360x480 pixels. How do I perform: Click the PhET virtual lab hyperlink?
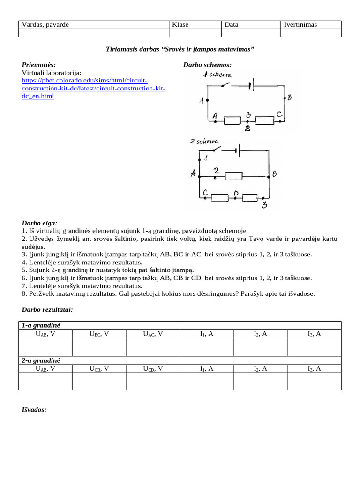click(93, 88)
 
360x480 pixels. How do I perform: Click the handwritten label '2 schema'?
click(205, 141)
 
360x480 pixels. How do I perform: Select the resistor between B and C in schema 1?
click(265, 121)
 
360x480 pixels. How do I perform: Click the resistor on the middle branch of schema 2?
click(233, 176)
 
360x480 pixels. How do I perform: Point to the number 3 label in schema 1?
click(289, 97)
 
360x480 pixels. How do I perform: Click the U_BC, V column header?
click(99, 334)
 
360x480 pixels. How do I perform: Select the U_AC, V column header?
click(153, 334)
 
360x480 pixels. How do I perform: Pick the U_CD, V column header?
click(153, 369)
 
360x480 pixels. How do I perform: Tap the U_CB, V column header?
click(99, 369)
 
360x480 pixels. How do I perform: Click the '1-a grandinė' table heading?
click(41, 325)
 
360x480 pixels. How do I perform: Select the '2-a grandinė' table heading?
click(41, 360)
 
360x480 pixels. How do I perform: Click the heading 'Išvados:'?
click(34, 409)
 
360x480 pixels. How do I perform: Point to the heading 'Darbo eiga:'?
click(39, 223)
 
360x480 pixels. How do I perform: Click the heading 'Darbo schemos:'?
click(207, 65)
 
